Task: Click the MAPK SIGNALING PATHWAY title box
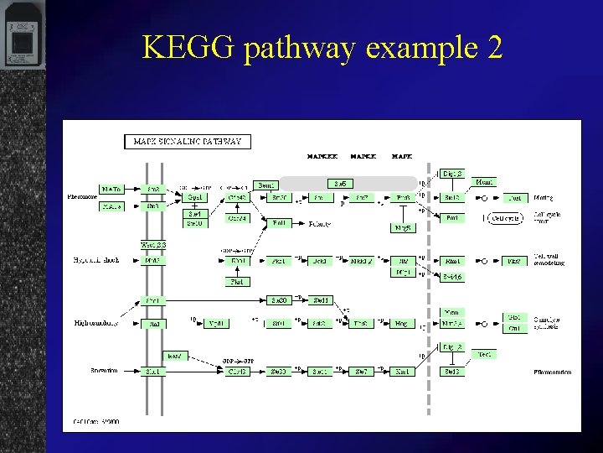tap(188, 142)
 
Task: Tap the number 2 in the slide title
tap(493, 48)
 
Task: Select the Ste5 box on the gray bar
tap(340, 183)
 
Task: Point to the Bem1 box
tap(265, 185)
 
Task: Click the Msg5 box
tap(404, 227)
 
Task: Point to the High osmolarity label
tap(95, 323)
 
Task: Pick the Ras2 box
tap(174, 356)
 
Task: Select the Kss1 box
tap(403, 371)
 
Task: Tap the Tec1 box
tap(484, 355)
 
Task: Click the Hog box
tap(403, 323)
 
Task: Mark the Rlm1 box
tap(452, 261)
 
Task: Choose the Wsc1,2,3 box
tap(153, 245)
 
